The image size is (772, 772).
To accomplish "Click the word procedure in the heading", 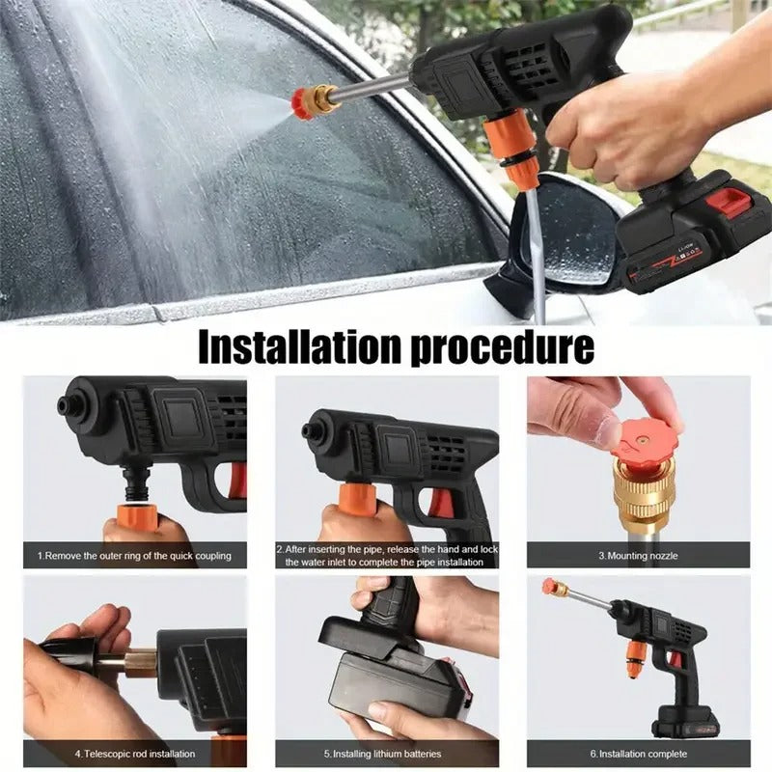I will pyautogui.click(x=502, y=347).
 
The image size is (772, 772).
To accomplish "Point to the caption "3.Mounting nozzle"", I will pyautogui.click(x=638, y=555).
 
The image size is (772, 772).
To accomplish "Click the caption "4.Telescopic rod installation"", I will pyautogui.click(x=135, y=754).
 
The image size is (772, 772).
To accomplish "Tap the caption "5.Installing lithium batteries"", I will pyautogui.click(x=387, y=754).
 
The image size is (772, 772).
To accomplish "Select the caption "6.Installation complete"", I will pyautogui.click(x=639, y=754).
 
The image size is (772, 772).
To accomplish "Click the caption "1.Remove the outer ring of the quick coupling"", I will pyautogui.click(x=135, y=555).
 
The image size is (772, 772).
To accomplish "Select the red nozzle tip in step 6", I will pyautogui.click(x=551, y=586).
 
